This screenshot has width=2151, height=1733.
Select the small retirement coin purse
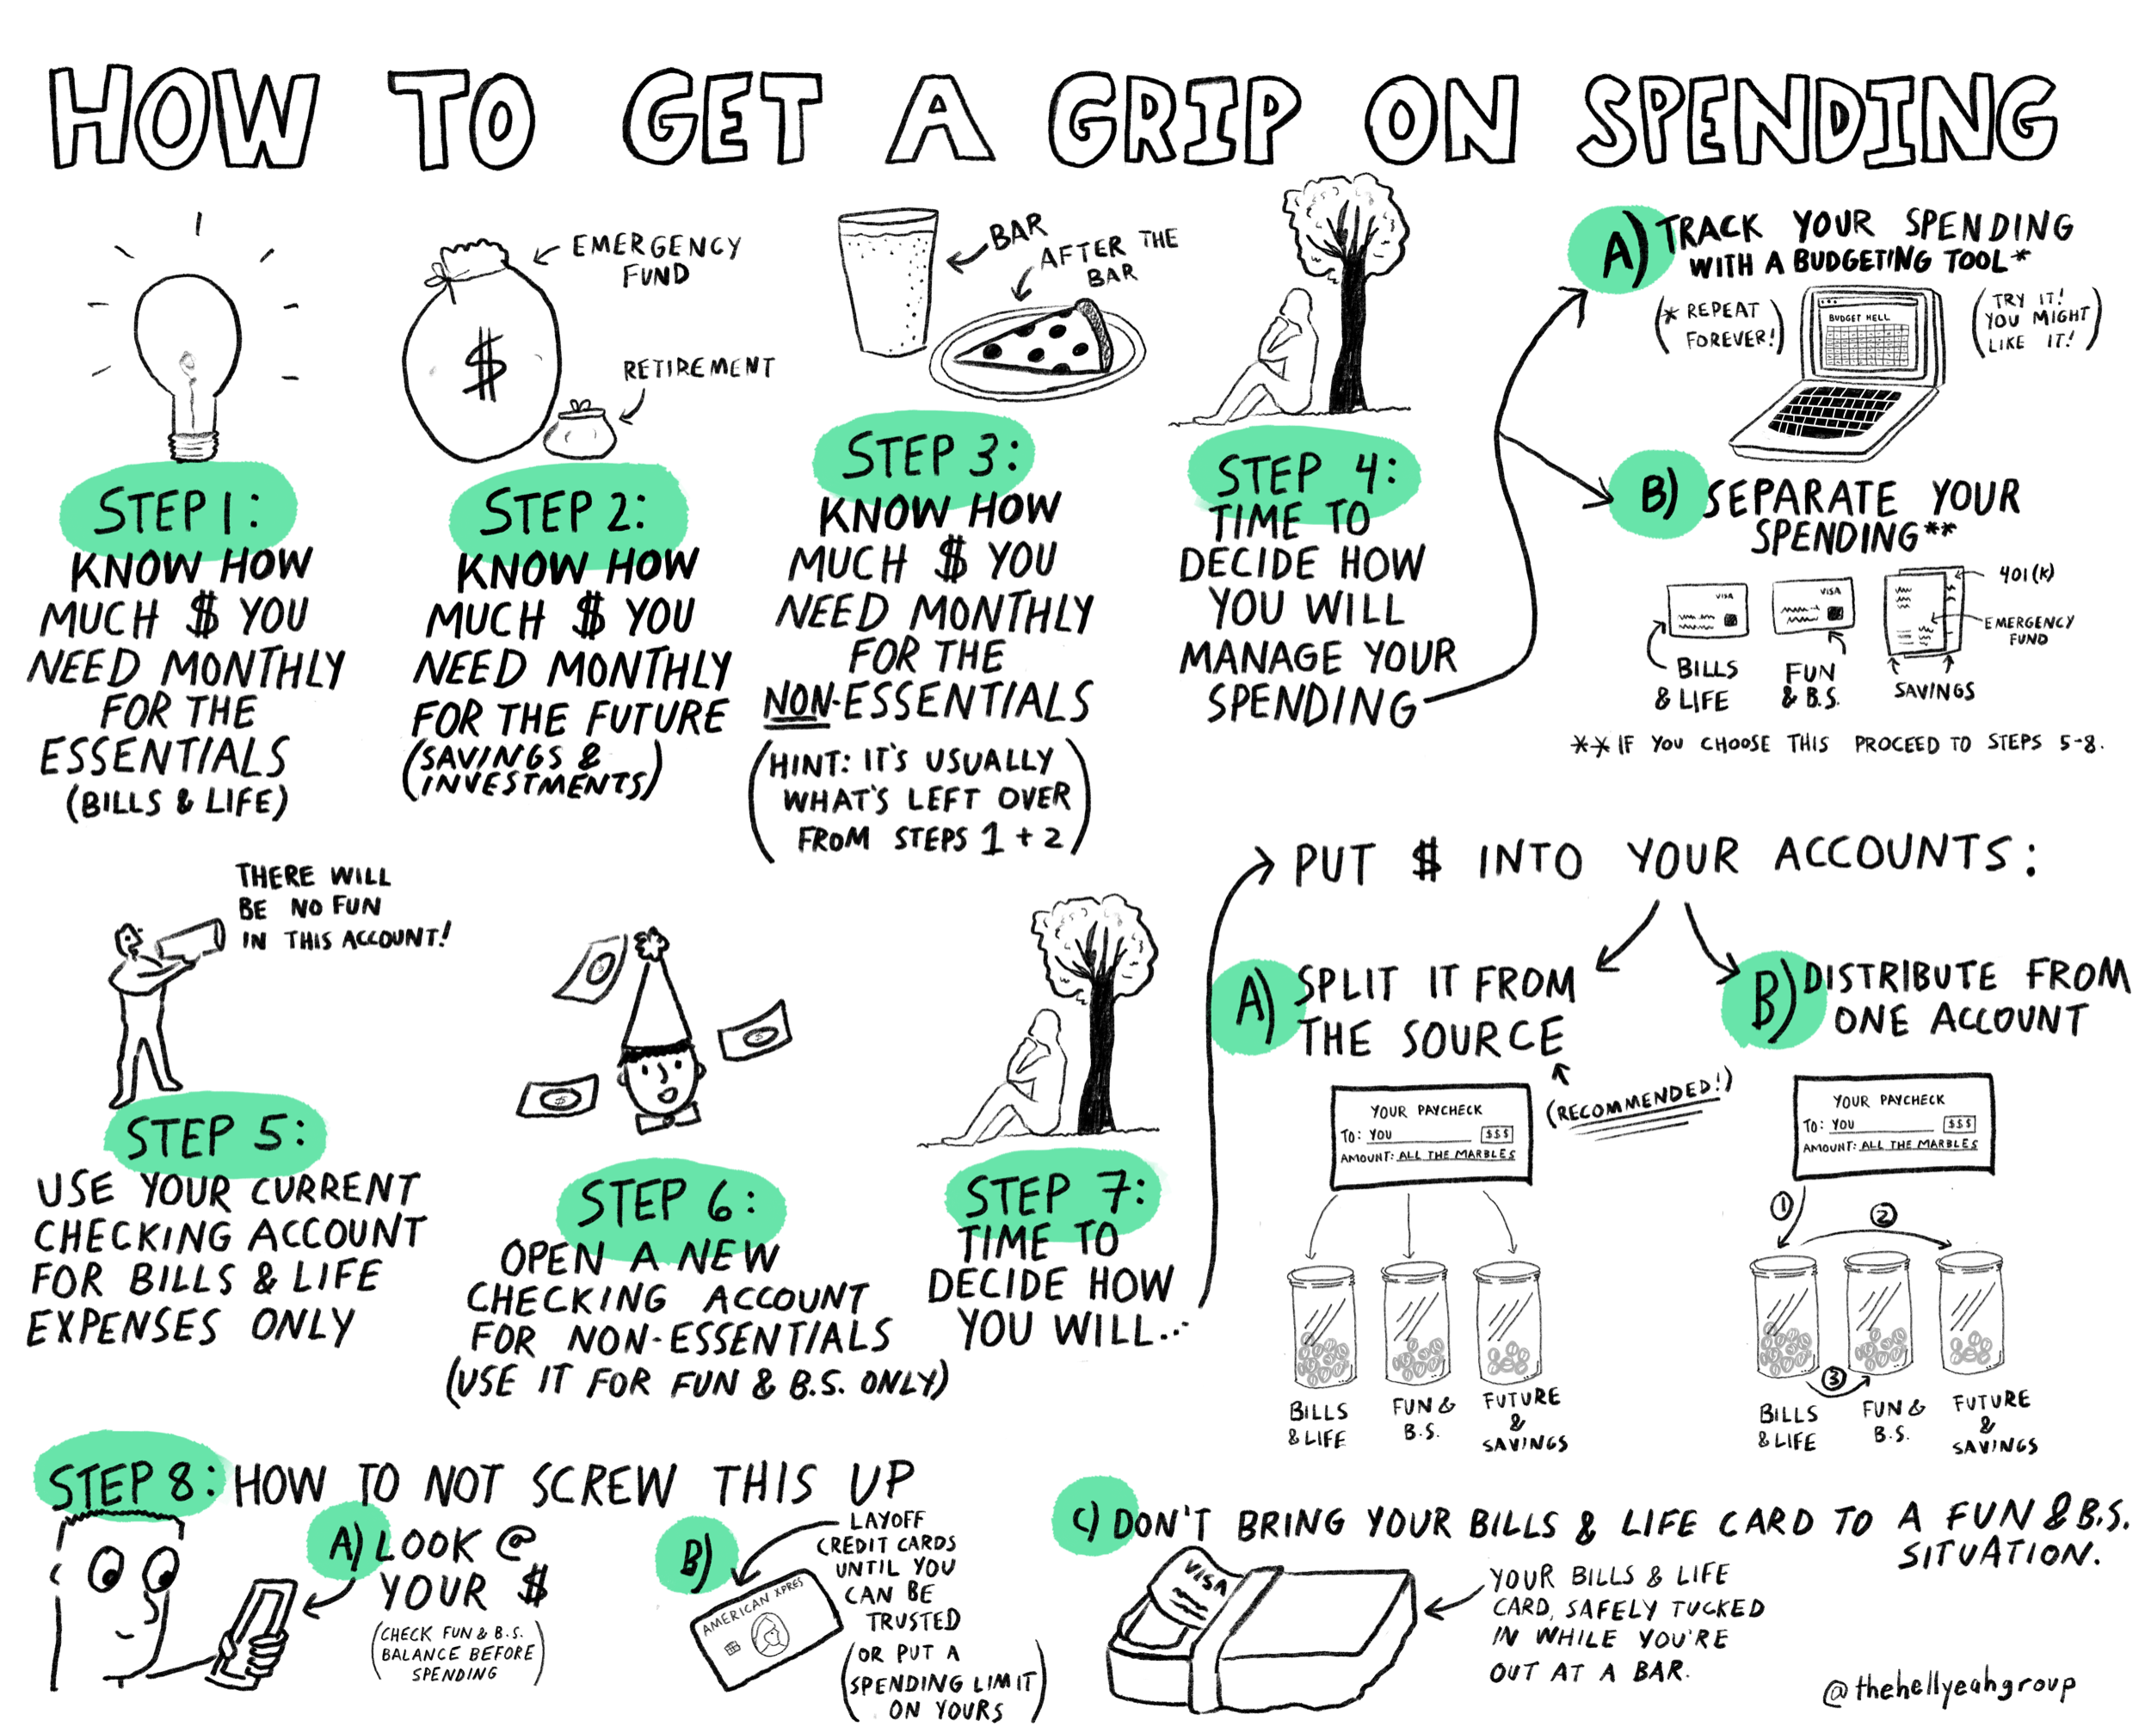(580, 430)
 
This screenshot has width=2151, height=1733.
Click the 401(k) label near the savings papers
(2026, 574)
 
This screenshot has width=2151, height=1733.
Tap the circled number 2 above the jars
(1883, 1216)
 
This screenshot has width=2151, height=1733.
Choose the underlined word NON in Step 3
(797, 703)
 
